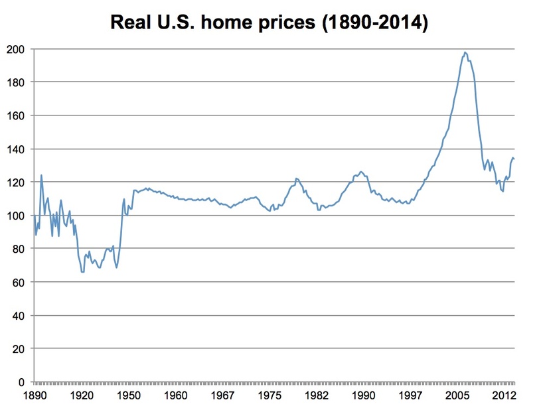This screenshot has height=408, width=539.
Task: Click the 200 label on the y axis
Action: pyautogui.click(x=18, y=49)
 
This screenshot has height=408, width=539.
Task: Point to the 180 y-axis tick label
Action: pyautogui.click(x=18, y=82)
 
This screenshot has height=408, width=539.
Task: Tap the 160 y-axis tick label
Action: pyautogui.click(x=18, y=115)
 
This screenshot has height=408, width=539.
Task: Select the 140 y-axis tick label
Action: pyautogui.click(x=18, y=149)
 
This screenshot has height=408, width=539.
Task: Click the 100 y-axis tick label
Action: pyautogui.click(x=18, y=216)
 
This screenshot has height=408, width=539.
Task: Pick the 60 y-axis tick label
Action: pyautogui.click(x=21, y=283)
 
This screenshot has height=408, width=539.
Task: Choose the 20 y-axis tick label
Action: pyautogui.click(x=21, y=349)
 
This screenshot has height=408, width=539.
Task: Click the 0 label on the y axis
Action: pyautogui.click(x=23, y=382)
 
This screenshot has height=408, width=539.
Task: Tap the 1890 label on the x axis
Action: pyautogui.click(x=35, y=397)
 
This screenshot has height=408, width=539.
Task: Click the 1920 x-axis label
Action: pyautogui.click(x=82, y=397)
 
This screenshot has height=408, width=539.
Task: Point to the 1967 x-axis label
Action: pyautogui.click(x=223, y=397)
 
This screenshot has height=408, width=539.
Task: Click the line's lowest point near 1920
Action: pyautogui.click(x=83, y=272)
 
